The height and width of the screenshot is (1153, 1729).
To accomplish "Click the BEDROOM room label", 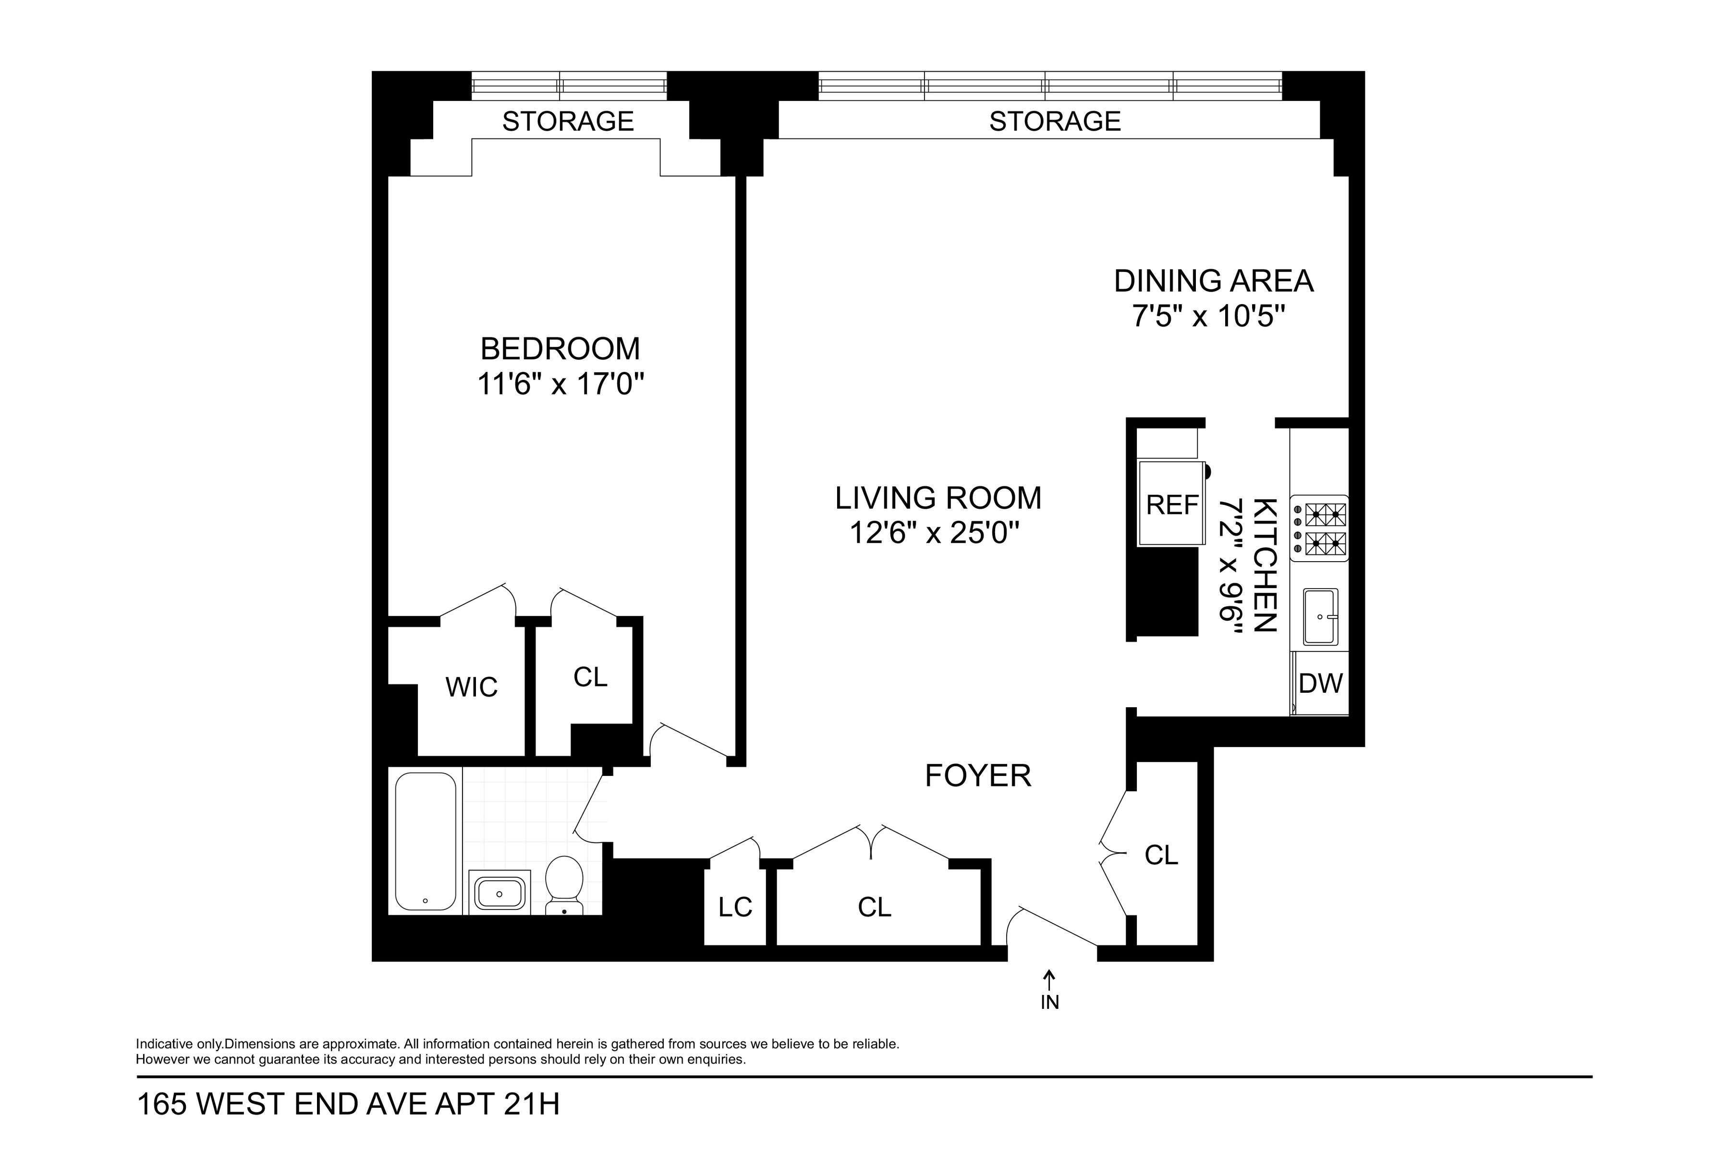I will tap(560, 349).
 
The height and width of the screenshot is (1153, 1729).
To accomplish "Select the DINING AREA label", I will tap(1213, 281).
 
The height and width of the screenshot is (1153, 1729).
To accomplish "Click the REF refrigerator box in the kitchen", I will tap(1172, 505).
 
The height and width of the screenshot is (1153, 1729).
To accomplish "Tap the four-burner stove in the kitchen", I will tap(1320, 528).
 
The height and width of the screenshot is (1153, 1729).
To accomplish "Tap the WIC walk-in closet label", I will tap(471, 687).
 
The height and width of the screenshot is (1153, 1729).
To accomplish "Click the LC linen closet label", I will tap(735, 908).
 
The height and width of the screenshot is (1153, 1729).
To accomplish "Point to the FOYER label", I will tap(978, 776).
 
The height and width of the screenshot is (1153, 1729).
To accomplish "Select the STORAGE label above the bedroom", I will tap(568, 122).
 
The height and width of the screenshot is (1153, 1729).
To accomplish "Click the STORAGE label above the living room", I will tap(1054, 122).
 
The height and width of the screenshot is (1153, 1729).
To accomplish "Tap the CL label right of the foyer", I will tap(1161, 855).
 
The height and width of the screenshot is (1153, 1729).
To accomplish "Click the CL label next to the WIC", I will tap(590, 677).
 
